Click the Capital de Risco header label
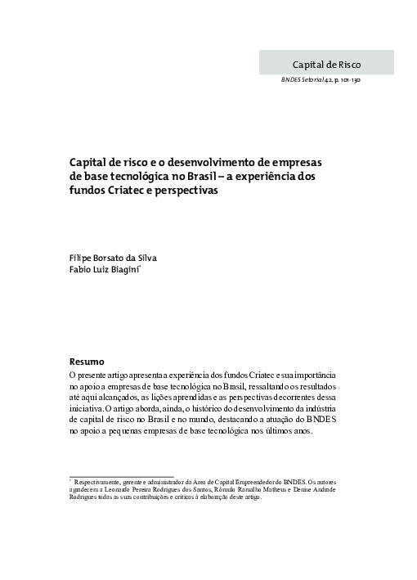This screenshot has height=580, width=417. click(x=325, y=63)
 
